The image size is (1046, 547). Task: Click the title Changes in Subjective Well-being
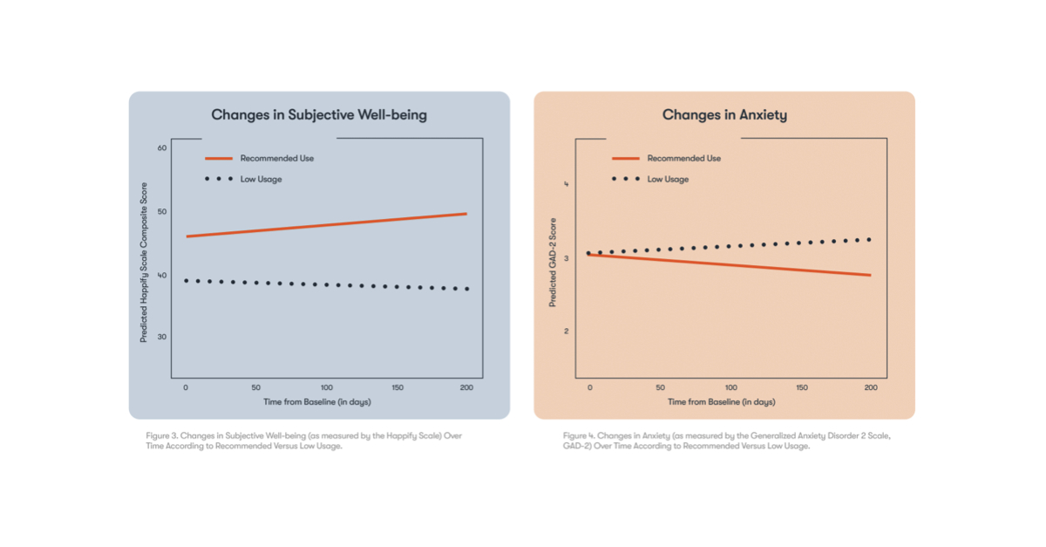click(319, 115)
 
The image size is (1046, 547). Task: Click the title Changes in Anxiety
click(723, 115)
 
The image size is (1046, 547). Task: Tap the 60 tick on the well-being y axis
click(161, 148)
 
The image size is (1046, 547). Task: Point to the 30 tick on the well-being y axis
click(161, 337)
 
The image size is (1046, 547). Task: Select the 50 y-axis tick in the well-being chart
click(161, 212)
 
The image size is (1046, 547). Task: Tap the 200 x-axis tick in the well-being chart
click(466, 386)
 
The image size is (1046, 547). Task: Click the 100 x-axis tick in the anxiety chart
click(730, 386)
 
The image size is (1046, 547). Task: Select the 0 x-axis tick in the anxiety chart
click(590, 386)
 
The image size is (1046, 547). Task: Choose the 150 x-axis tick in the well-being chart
click(397, 386)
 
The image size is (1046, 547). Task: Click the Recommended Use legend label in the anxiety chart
click(683, 159)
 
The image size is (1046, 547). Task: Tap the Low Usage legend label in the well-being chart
click(261, 180)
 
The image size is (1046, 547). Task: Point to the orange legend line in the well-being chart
click(219, 159)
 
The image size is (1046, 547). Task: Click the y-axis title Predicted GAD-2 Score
click(553, 259)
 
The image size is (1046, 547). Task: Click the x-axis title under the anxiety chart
click(721, 402)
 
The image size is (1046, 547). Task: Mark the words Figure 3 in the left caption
click(161, 434)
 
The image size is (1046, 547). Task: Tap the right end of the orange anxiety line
click(869, 276)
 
